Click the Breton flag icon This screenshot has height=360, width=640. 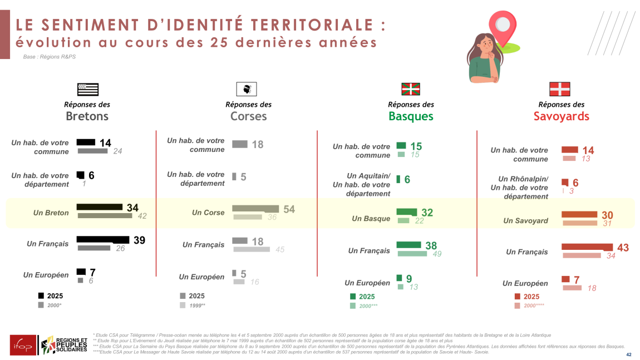click(x=87, y=90)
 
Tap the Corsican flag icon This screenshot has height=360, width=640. click(x=247, y=89)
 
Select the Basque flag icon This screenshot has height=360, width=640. click(x=411, y=89)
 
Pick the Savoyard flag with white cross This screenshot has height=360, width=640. click(x=559, y=89)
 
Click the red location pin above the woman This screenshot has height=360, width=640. click(x=503, y=28)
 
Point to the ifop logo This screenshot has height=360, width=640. click(x=23, y=345)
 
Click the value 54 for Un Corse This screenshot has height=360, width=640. click(x=289, y=209)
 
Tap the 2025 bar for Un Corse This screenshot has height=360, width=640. click(x=255, y=209)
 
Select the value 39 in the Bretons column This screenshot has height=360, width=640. click(x=139, y=240)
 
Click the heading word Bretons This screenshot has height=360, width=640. click(x=87, y=116)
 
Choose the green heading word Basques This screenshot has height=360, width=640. click(x=411, y=116)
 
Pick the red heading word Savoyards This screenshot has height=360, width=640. click(x=561, y=116)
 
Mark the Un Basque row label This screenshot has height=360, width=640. click(x=371, y=219)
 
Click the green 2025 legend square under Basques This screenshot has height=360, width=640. click(x=353, y=297)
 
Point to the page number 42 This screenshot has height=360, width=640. click(x=629, y=354)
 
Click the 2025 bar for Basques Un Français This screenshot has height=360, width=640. click(x=408, y=245)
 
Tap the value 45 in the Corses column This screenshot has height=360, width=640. click(x=280, y=250)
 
